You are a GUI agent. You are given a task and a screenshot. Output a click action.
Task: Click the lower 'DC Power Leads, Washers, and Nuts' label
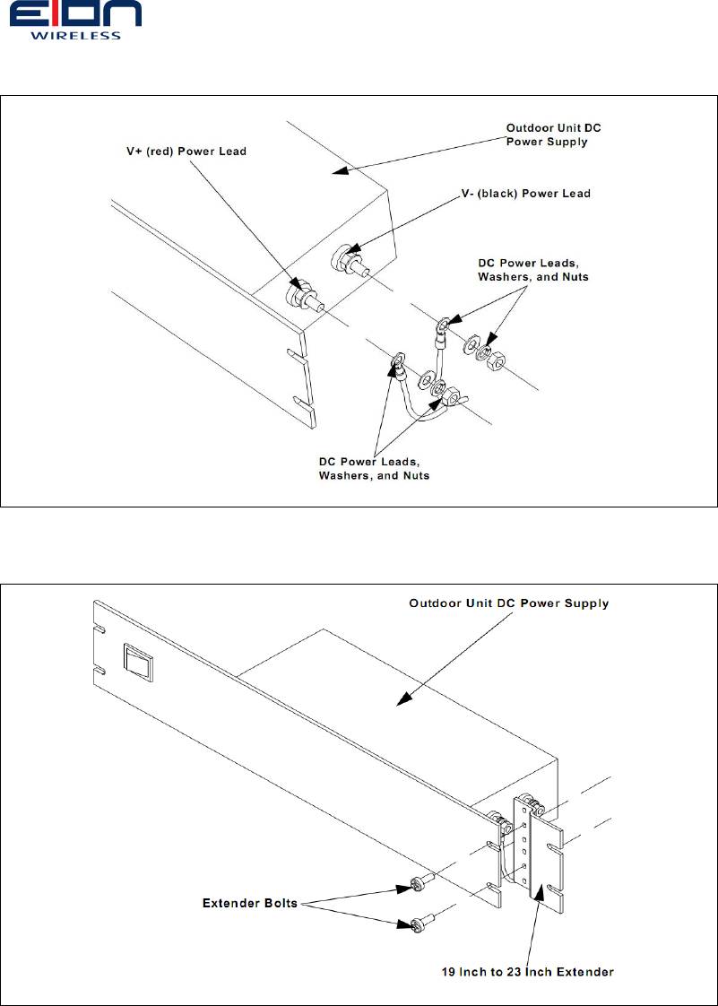(374, 468)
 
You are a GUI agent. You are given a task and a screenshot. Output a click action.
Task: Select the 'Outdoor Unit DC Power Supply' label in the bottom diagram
(509, 603)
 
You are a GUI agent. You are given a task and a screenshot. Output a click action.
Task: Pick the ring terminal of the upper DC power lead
(444, 323)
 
